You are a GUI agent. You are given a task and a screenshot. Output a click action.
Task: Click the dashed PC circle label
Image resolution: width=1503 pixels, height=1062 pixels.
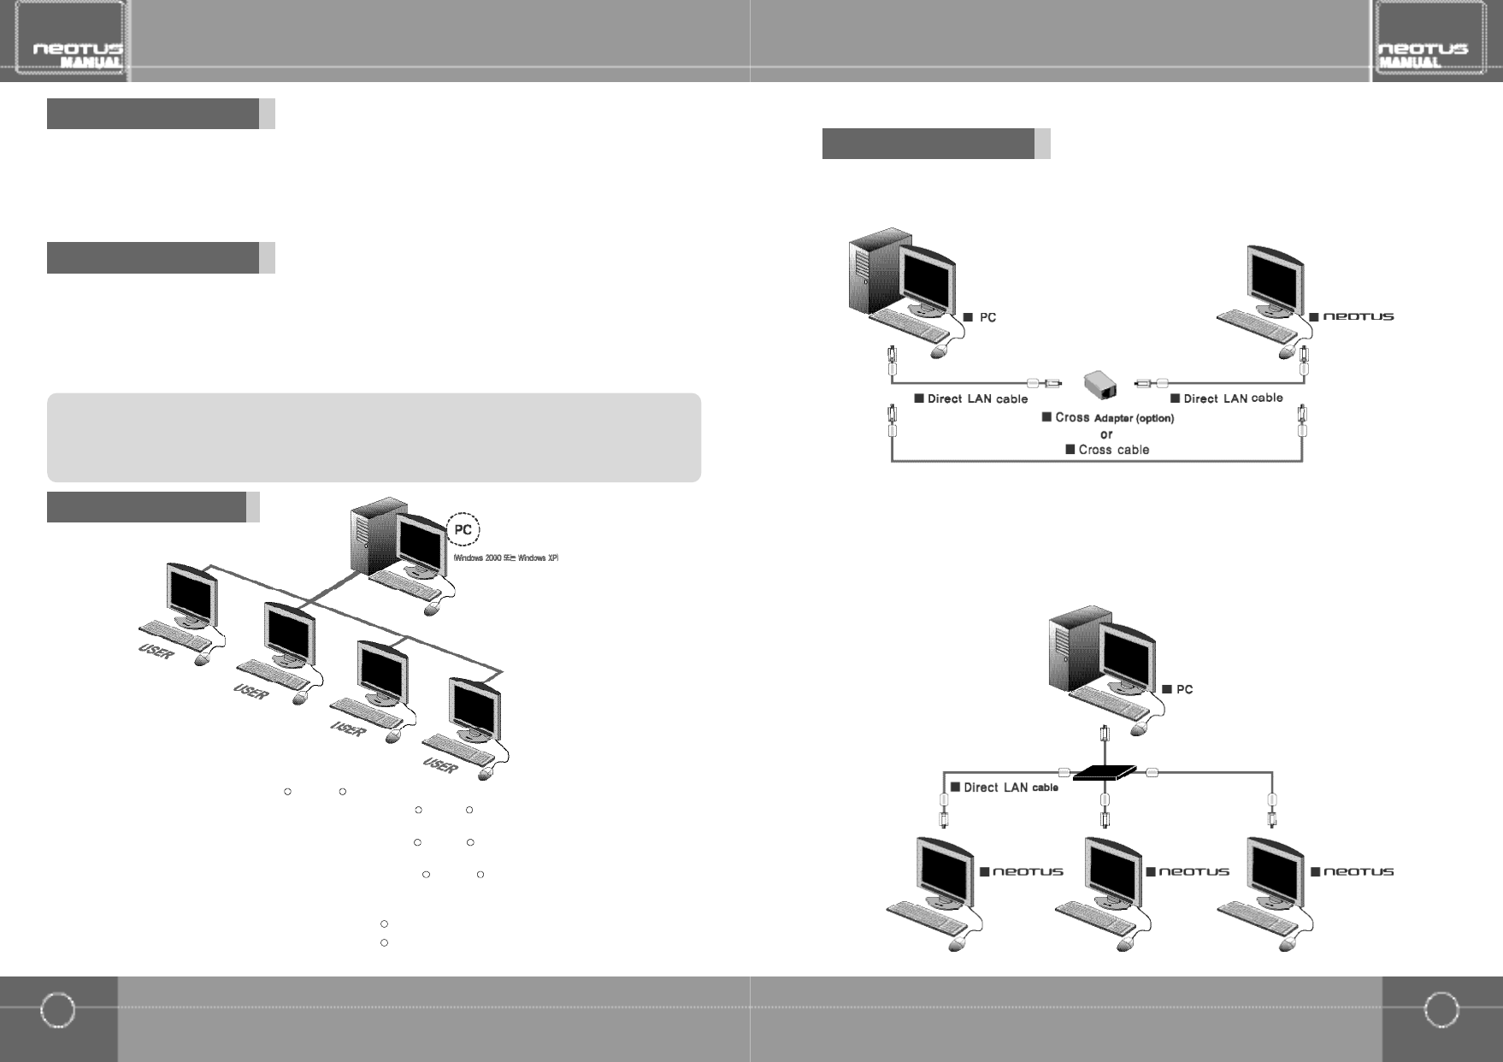(x=463, y=529)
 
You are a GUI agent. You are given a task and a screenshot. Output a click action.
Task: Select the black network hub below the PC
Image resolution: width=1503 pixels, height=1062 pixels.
(x=1105, y=773)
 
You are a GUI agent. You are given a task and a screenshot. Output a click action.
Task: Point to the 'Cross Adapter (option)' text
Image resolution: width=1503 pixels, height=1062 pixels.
(x=1108, y=418)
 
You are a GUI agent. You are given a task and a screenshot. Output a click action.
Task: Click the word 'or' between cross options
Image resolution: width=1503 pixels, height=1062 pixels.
(x=1106, y=434)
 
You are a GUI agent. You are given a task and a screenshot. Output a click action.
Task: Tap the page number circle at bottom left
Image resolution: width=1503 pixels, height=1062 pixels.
(x=58, y=1010)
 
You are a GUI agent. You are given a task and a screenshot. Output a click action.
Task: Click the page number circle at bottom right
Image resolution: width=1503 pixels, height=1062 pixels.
(x=1441, y=1010)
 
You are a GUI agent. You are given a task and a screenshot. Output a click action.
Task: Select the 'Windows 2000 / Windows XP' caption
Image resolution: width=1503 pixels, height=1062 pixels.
(x=505, y=558)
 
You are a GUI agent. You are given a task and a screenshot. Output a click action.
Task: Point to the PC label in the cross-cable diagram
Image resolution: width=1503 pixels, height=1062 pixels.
(x=981, y=317)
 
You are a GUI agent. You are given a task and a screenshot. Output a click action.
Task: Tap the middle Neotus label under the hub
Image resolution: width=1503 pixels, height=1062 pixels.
(x=1188, y=871)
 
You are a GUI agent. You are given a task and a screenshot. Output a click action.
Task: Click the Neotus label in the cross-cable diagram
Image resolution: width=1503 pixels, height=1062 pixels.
(x=1352, y=316)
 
